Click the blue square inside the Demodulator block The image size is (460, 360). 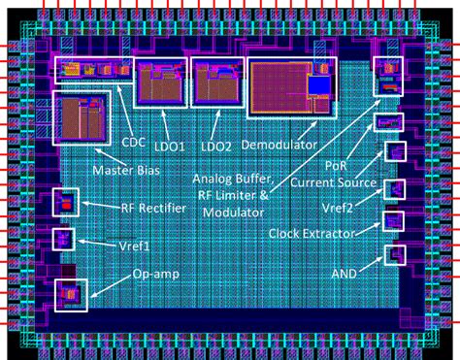[318, 85]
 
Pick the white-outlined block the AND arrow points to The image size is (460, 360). [394, 254]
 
